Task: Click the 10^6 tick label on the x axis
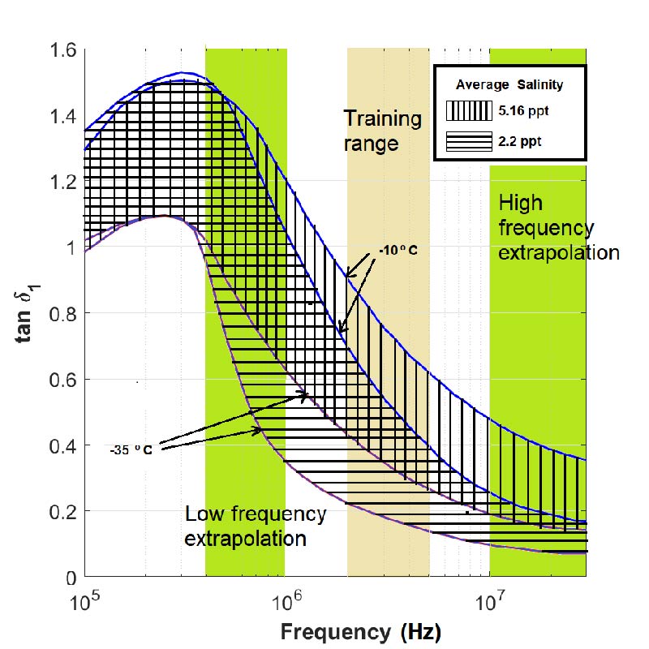point(286,601)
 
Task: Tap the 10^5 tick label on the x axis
point(84,601)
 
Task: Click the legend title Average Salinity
point(509,84)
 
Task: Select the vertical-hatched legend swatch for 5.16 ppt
point(469,110)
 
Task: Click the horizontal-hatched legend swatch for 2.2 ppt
point(469,140)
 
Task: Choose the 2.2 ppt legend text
point(520,141)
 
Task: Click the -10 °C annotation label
point(398,250)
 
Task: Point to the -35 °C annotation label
point(132,448)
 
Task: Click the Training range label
point(383,131)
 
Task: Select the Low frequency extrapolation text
point(256,526)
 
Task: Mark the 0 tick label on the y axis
point(72,578)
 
